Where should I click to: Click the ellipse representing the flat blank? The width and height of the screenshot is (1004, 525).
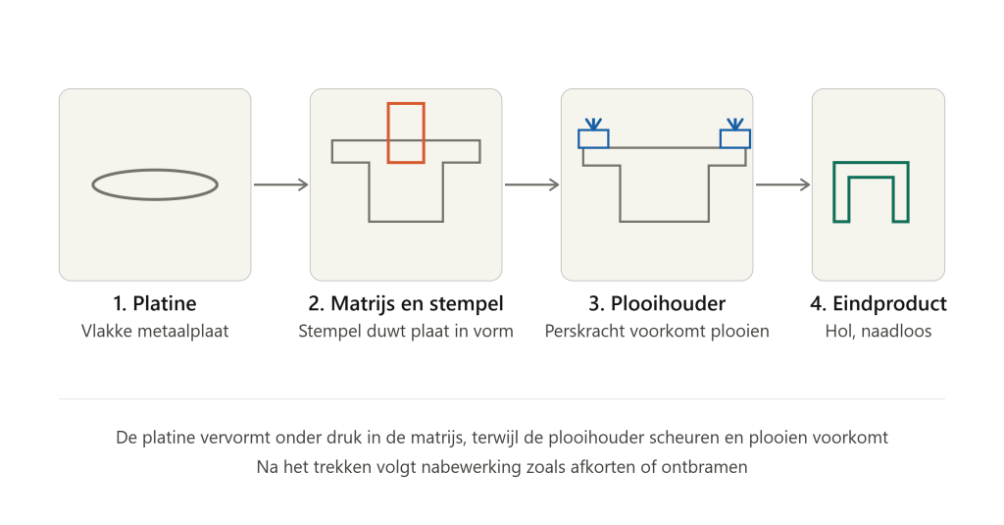tap(155, 170)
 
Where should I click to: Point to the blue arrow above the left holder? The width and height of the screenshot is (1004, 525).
tap(593, 124)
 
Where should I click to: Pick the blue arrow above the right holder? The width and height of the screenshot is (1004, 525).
tap(735, 124)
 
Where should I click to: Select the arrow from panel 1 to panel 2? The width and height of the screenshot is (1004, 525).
tap(280, 184)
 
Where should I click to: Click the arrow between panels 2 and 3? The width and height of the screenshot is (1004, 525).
tap(531, 184)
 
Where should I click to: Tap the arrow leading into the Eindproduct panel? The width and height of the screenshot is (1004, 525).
tap(782, 184)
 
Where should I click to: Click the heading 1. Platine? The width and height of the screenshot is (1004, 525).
tap(155, 303)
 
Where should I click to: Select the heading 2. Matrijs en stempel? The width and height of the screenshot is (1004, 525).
tap(406, 303)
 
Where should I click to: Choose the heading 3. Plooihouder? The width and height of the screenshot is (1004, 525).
tap(657, 303)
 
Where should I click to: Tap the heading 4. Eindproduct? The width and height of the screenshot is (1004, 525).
tap(878, 303)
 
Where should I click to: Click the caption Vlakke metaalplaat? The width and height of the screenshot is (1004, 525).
tap(155, 331)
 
